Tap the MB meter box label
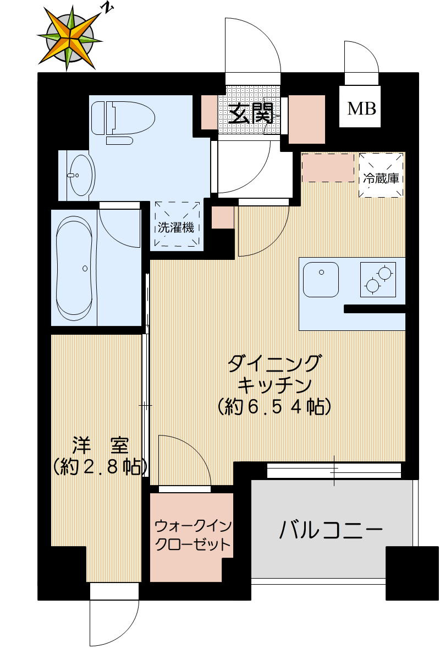tap(361, 108)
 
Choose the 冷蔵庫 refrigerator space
tap(381, 175)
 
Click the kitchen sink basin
tap(321, 279)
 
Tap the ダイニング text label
tap(274, 364)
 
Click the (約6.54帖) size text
tap(274, 406)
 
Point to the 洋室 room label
tap(100, 444)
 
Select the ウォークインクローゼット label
tap(191, 535)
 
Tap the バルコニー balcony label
tap(331, 531)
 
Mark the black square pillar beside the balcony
tap(408, 573)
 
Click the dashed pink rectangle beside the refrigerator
tap(328, 168)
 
